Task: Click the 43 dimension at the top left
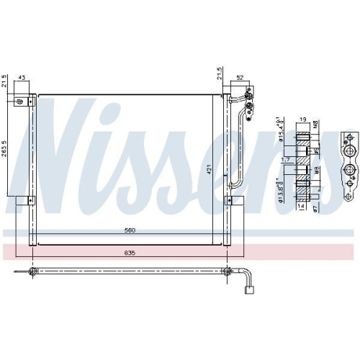(22, 78)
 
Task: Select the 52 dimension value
(239, 78)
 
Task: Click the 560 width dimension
(129, 231)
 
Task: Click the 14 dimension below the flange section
(301, 206)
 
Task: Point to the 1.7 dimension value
(286, 161)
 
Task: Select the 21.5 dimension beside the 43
(6, 81)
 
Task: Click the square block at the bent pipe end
(251, 292)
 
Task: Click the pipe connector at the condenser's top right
(248, 101)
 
